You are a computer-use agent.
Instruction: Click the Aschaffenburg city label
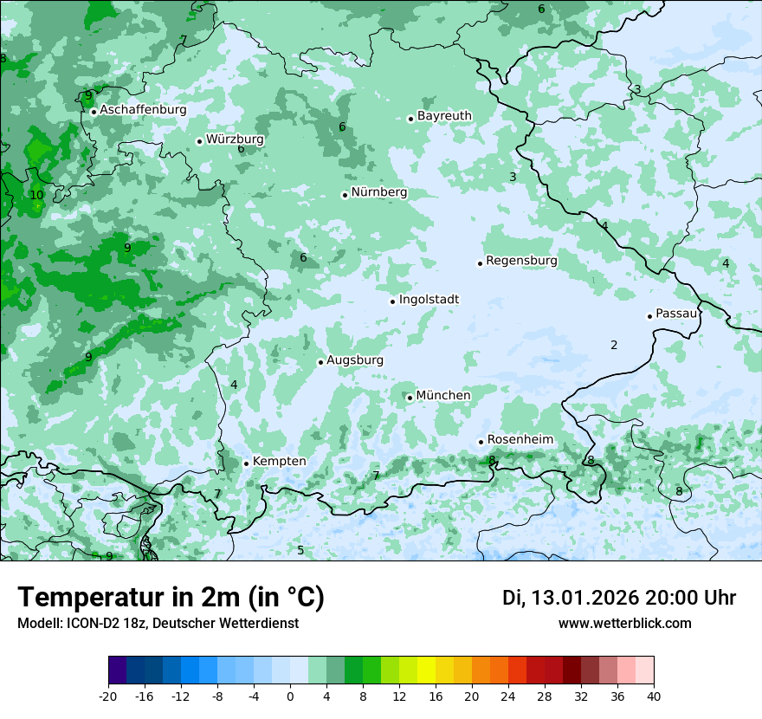point(143,110)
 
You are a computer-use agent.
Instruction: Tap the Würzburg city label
point(235,139)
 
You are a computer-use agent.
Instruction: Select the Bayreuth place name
point(444,115)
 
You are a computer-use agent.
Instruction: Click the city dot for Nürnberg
point(345,195)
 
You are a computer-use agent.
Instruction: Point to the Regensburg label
point(521,260)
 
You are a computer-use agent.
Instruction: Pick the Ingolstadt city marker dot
point(392,301)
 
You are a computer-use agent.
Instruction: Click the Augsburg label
point(355,359)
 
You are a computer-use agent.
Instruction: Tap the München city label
point(443,395)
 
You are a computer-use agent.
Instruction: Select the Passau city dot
point(649,316)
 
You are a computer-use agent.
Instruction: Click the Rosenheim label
point(520,439)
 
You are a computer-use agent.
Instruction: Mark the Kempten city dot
point(246,463)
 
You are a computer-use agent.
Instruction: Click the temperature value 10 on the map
point(36,195)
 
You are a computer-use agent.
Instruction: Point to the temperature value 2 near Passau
point(614,345)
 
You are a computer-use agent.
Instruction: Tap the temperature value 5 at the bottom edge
point(300,550)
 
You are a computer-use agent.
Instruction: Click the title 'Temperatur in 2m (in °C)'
point(171,597)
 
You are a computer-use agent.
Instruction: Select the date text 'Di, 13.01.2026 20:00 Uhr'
point(619,598)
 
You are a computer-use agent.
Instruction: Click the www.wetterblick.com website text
point(624,623)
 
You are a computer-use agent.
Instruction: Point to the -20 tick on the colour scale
point(108,696)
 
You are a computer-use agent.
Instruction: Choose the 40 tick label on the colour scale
point(653,696)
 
